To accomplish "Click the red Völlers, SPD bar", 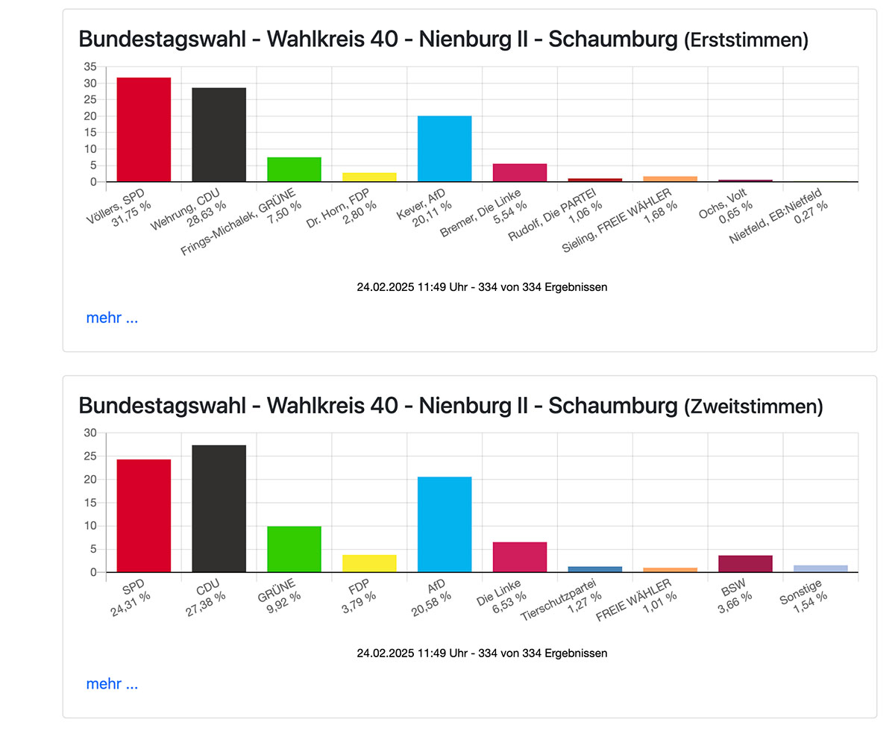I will click(144, 129).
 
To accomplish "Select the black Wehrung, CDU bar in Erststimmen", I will click(219, 134).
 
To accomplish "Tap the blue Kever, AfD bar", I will click(445, 148).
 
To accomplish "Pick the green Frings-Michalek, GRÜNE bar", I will click(294, 169).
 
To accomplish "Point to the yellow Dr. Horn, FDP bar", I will click(369, 177).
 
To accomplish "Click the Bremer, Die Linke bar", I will click(520, 172).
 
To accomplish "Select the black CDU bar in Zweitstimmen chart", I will click(219, 508).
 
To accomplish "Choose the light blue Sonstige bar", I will click(820, 568).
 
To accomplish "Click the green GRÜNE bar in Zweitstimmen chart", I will click(294, 549).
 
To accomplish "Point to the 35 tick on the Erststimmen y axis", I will click(90, 66).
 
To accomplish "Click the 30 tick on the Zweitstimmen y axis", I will click(90, 433).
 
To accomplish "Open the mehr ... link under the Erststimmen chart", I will click(112, 318).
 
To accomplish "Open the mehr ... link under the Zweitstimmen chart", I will click(112, 684).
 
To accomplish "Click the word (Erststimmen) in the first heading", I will click(745, 40).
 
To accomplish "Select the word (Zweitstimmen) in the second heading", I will click(753, 407).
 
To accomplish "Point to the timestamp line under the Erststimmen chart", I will click(482, 287).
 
